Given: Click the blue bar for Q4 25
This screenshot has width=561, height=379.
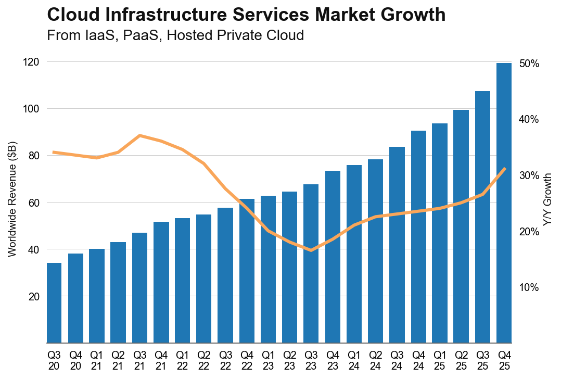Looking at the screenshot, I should click(504, 203).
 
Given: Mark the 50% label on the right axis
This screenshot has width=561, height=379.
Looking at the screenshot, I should click(529, 64).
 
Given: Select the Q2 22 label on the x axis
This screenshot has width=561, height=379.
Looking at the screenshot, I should click(204, 359).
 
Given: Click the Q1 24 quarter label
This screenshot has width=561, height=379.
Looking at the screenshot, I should click(354, 359).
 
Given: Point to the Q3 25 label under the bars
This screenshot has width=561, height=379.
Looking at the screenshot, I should click(482, 359).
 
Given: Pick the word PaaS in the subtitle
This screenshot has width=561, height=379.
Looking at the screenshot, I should click(139, 36).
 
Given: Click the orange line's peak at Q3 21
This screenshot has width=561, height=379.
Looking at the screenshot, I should click(139, 135).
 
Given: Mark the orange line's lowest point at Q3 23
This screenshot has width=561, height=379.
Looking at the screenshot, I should click(311, 250).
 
